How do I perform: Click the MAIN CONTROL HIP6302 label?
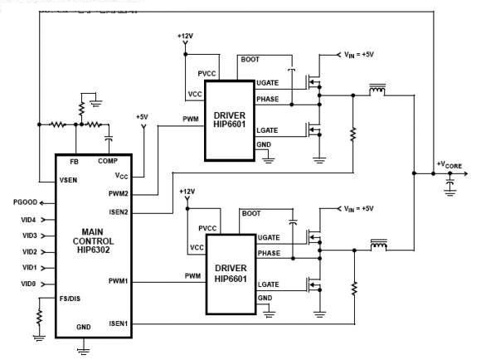point(93,241)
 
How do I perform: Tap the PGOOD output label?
point(25,202)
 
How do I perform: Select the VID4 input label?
point(28,220)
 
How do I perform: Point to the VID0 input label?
point(28,284)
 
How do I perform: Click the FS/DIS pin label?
point(70,299)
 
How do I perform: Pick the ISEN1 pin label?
point(119,324)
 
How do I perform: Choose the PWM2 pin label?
point(119,193)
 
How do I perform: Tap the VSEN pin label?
point(68,180)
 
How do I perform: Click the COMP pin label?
point(108,161)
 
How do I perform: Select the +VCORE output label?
point(449,165)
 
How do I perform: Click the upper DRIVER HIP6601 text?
point(230,119)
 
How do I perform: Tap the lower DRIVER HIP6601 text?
point(231,273)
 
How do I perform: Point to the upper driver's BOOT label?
point(250,59)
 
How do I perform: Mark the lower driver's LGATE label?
point(269,285)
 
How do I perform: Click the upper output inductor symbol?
point(377,90)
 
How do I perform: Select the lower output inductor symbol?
point(379,245)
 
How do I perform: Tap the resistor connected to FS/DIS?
point(40,317)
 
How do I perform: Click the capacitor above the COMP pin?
point(109,139)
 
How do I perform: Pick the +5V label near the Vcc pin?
point(142,117)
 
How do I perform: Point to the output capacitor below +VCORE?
point(450,184)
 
